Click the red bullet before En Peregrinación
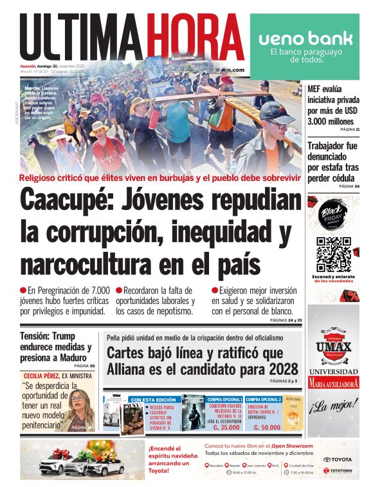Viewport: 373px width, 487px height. pos(23,291)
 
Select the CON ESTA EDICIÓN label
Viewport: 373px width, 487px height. pos(154,399)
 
